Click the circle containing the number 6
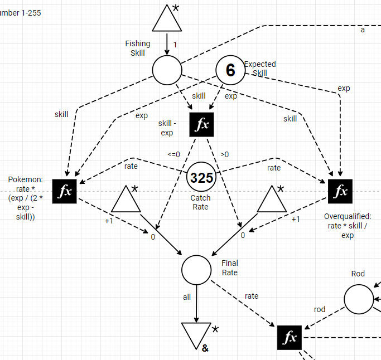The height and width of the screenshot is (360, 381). [x=230, y=70]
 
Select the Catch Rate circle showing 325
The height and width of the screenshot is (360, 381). [x=201, y=178]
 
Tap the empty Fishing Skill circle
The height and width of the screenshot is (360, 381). [x=167, y=71]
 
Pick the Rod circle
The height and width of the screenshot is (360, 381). [x=359, y=299]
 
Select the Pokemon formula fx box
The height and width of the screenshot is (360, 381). [x=65, y=191]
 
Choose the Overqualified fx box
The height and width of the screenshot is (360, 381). [x=340, y=191]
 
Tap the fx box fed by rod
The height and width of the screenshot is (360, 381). [x=290, y=337]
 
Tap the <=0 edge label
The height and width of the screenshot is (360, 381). [x=173, y=154]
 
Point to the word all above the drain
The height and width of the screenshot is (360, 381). [x=187, y=297]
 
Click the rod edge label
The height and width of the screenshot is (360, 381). [x=320, y=309]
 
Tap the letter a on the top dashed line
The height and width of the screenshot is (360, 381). [x=363, y=30]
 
